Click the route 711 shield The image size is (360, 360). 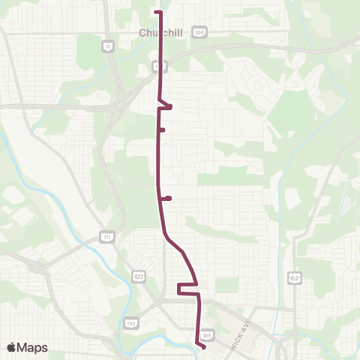[107, 238]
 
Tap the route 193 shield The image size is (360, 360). [131, 323]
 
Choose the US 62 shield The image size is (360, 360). [295, 277]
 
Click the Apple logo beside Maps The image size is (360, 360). [12, 347]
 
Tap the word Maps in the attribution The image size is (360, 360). [32, 347]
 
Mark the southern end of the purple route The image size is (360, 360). [204, 346]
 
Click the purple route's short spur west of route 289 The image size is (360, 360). [181, 289]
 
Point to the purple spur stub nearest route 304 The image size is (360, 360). [168, 106]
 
